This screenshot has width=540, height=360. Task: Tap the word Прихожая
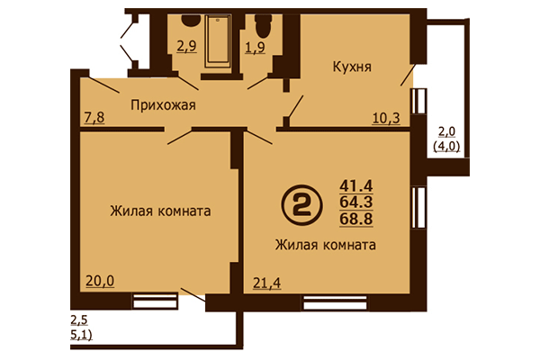(x=164, y=104)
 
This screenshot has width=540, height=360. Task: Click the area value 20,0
(x=101, y=281)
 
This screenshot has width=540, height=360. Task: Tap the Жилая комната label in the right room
(x=325, y=245)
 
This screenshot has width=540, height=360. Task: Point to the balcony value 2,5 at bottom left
(x=79, y=321)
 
